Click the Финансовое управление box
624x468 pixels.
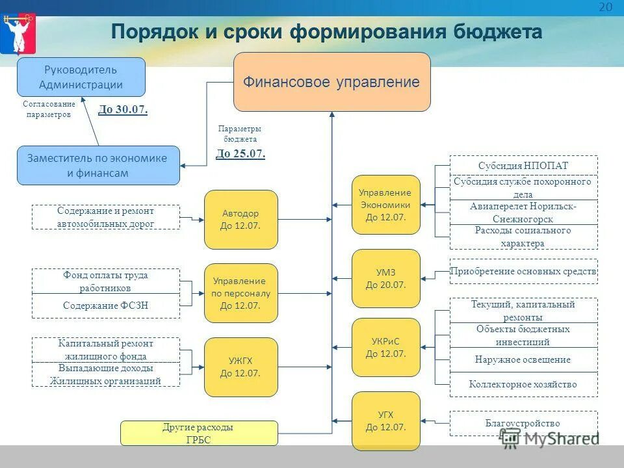point(331,82)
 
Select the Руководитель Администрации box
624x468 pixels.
point(81,77)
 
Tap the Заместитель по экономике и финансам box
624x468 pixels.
point(97,165)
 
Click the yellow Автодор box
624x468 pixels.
point(240,220)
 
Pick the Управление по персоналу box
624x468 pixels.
point(240,293)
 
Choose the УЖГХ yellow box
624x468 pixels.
point(240,367)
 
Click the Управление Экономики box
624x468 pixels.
point(385,205)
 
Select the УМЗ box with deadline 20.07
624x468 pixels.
point(385,278)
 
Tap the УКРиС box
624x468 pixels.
point(385,348)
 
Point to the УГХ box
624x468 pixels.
point(385,421)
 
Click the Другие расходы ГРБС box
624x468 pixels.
point(199,434)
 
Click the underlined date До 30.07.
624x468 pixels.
point(123,110)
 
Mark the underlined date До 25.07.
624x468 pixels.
point(240,154)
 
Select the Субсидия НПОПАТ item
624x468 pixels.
point(523,166)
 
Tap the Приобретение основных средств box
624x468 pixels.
point(523,271)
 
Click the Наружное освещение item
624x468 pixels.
point(523,359)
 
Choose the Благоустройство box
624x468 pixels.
point(523,423)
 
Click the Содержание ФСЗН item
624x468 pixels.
point(106,305)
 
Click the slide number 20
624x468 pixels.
point(605,7)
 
